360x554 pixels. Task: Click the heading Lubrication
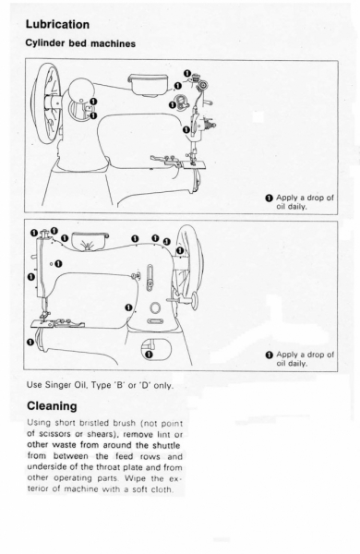57,24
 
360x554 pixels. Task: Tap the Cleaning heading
52,406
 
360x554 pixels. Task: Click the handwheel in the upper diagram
45,104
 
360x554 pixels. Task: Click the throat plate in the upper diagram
194,164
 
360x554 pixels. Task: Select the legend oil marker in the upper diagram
270,198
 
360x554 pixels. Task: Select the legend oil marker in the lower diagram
270,355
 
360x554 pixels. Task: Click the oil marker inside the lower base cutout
149,354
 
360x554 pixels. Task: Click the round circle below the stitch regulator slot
155,307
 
